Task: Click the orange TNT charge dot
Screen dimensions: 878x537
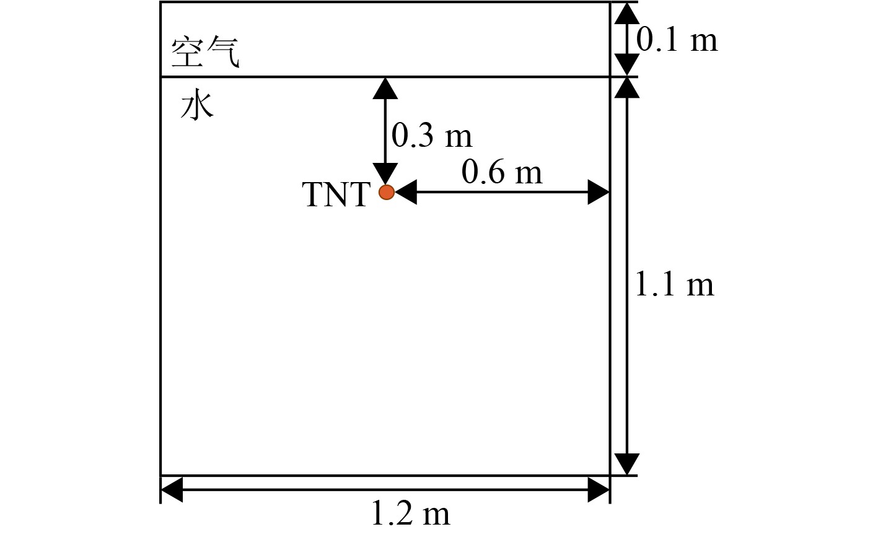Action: [x=386, y=193]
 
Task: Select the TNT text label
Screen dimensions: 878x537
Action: [x=336, y=194]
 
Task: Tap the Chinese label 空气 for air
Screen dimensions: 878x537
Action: [x=204, y=53]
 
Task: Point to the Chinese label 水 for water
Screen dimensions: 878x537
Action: [x=197, y=107]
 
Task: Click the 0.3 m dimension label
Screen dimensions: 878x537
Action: [x=432, y=135]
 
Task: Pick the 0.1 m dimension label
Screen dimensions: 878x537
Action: [x=677, y=40]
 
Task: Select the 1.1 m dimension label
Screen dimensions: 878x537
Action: [x=674, y=286]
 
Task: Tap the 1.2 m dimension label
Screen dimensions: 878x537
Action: [x=410, y=514]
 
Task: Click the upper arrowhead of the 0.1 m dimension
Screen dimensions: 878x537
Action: [x=626, y=13]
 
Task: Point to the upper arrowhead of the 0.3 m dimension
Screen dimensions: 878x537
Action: [x=385, y=88]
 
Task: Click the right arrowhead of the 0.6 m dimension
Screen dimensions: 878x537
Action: [x=599, y=193]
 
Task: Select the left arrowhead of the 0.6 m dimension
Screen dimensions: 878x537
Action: [x=405, y=193]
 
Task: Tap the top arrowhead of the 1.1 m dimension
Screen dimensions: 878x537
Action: [x=626, y=88]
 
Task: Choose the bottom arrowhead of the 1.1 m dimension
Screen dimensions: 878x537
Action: [x=626, y=464]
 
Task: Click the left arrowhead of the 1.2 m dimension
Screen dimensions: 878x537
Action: [x=172, y=490]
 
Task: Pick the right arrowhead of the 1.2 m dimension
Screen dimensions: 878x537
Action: [x=599, y=490]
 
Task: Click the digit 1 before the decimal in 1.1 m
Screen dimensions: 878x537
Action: [x=642, y=286]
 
